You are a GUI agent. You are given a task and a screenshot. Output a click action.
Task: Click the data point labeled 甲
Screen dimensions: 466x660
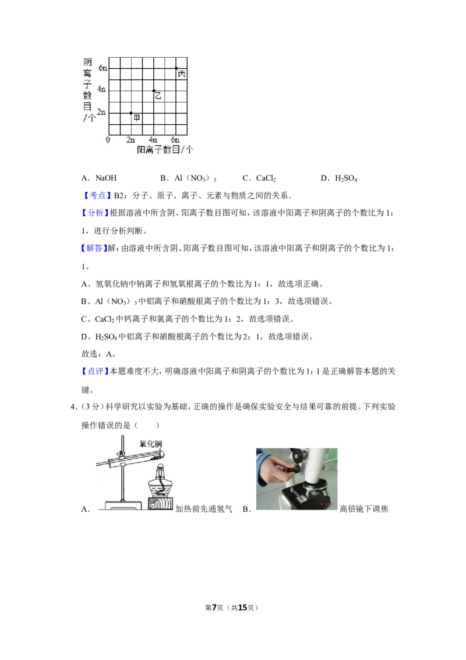pyautogui.click(x=131, y=113)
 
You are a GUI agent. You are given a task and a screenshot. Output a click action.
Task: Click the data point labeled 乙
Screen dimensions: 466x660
pyautogui.click(x=154, y=91)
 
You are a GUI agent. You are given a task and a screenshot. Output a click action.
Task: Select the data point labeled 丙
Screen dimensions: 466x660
pyautogui.click(x=176, y=68)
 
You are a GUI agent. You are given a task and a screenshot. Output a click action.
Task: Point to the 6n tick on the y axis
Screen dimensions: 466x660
pyautogui.click(x=103, y=68)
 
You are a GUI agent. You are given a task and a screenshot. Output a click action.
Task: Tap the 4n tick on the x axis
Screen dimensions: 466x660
pyautogui.click(x=153, y=140)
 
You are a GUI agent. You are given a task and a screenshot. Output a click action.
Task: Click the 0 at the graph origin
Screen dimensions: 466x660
pyautogui.click(x=108, y=140)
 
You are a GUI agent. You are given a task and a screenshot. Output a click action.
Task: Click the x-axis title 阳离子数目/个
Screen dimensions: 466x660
pyautogui.click(x=165, y=150)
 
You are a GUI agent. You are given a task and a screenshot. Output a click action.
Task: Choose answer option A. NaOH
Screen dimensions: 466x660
pyautogui.click(x=99, y=178)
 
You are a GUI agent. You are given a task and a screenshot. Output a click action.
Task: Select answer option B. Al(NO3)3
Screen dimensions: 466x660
pyautogui.click(x=188, y=178)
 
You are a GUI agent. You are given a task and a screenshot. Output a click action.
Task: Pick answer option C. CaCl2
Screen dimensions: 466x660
pyautogui.click(x=259, y=178)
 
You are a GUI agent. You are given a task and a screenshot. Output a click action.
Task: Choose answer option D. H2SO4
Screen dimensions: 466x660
pyautogui.click(x=339, y=178)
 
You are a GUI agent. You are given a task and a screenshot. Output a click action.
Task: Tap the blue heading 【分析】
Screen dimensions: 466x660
pyautogui.click(x=94, y=213)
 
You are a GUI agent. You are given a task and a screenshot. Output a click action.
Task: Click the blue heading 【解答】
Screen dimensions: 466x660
pyautogui.click(x=94, y=248)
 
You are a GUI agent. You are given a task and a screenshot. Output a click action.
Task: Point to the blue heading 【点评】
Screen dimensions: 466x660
pyautogui.click(x=94, y=371)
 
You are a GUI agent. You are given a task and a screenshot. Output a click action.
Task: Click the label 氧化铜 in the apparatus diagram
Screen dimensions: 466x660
pyautogui.click(x=150, y=444)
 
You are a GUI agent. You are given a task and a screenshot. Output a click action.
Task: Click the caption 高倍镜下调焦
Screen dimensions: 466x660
pyautogui.click(x=364, y=509)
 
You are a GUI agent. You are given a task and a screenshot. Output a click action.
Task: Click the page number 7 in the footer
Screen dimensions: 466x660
pyautogui.click(x=214, y=608)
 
